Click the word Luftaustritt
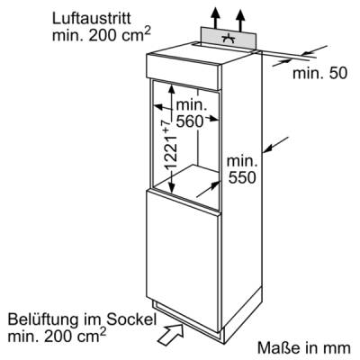point(92,19)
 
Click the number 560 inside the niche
point(190,121)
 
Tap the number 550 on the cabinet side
point(242,177)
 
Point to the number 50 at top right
point(337,73)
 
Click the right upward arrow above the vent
point(240,20)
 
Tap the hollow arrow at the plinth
point(171,334)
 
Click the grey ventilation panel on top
point(229,38)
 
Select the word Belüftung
point(43,319)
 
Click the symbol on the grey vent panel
point(229,38)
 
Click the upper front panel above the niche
point(184,72)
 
